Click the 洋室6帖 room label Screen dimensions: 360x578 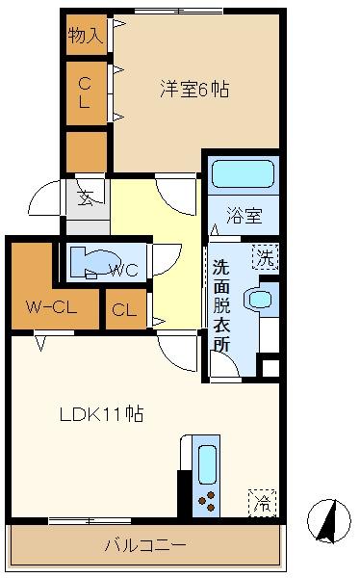click(194, 90)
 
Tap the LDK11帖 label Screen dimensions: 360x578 click(102, 414)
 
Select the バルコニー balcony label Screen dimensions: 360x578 click(145, 544)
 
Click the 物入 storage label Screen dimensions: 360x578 click(86, 35)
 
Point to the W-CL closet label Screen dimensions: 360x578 click(52, 306)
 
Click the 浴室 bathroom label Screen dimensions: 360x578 click(244, 215)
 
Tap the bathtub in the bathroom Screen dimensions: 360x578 click(244, 174)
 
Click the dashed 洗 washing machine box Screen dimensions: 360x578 click(266, 257)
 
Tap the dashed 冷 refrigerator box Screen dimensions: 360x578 click(263, 503)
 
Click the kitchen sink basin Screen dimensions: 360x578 click(207, 464)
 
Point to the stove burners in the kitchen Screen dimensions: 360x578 click(207, 501)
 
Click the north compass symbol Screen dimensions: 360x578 click(329, 521)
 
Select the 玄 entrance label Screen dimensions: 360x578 click(86, 197)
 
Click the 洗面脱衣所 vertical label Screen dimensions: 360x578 click(221, 306)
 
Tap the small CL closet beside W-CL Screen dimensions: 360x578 click(124, 309)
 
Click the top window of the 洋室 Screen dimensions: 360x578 click(179, 11)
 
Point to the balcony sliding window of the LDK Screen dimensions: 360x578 click(90, 521)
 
